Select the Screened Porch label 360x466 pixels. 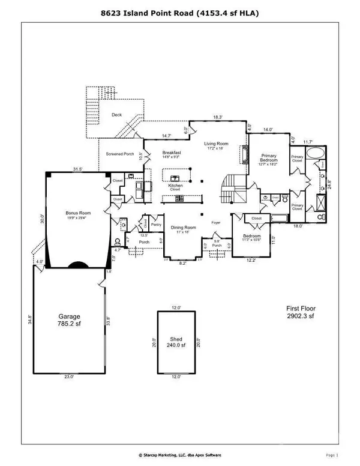[120, 154]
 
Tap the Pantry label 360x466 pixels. [157, 225]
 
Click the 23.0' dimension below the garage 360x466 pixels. [69, 377]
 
